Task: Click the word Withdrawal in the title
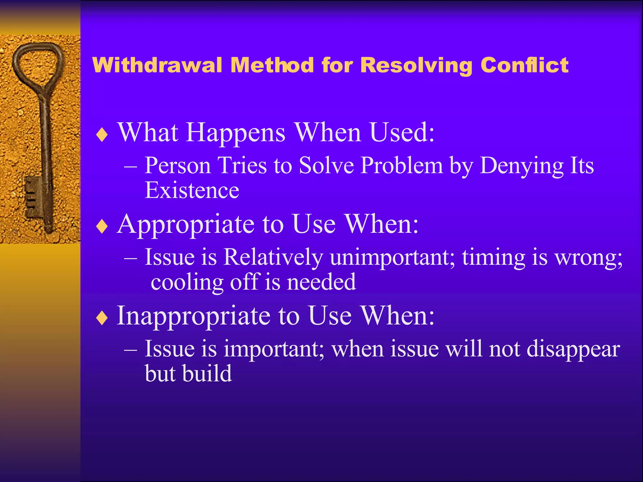(157, 65)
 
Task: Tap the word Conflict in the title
(524, 65)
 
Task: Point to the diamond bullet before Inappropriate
(102, 318)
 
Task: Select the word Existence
(192, 190)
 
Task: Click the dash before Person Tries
(130, 166)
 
